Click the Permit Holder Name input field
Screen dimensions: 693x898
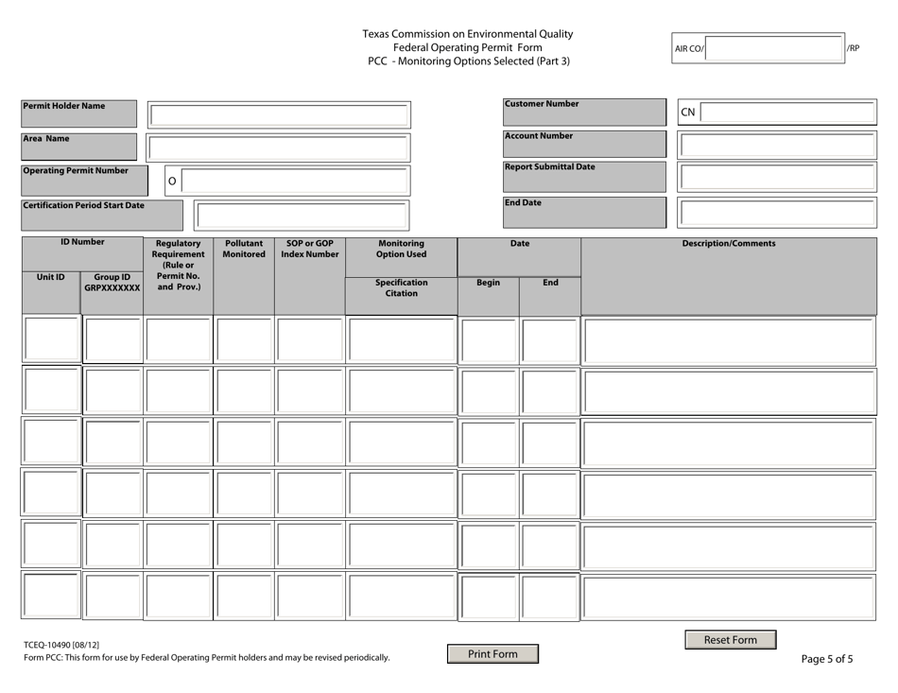[279, 116]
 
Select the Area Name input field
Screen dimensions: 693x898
[279, 148]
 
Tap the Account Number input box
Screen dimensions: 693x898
[777, 147]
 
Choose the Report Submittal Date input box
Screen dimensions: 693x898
[777, 179]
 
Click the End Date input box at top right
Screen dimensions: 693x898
[777, 213]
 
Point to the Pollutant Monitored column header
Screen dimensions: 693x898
[244, 250]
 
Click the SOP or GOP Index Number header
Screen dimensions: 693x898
[310, 250]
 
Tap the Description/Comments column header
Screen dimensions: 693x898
[729, 244]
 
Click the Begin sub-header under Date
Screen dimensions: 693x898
[488, 283]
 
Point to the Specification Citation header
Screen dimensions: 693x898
[401, 287]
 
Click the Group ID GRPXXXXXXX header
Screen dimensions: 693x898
[112, 283]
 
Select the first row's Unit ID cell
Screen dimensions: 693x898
[51, 340]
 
